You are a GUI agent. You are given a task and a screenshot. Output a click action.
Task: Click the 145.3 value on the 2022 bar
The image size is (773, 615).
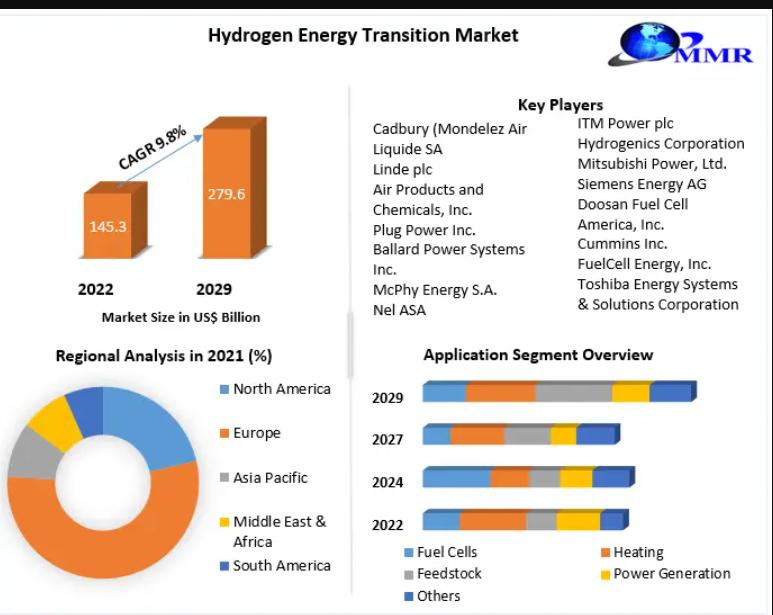pos(107,227)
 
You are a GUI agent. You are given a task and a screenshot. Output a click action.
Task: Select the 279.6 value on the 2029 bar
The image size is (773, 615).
pos(226,194)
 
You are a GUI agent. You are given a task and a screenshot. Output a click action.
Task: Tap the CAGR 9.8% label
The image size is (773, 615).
pos(152,147)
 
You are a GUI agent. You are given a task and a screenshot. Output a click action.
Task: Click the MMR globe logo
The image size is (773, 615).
pos(681,44)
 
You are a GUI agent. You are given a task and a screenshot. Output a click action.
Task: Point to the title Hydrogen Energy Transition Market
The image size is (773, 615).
pos(363,35)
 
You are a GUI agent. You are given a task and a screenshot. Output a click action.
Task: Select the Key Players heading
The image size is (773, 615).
pos(561,104)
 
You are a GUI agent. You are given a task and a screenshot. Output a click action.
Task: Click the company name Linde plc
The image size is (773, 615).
pos(402,170)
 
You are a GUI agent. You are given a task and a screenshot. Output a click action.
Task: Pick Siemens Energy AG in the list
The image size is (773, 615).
pos(642,184)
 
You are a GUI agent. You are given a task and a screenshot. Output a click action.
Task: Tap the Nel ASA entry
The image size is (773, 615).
pos(399,310)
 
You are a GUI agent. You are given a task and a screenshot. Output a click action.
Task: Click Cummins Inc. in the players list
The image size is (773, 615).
pos(622,244)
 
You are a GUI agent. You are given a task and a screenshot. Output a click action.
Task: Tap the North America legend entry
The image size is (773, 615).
pos(275,389)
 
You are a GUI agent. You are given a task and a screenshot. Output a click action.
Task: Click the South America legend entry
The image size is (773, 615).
pos(275,566)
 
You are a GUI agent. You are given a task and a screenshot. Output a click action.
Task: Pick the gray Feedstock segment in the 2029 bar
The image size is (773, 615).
pos(574,392)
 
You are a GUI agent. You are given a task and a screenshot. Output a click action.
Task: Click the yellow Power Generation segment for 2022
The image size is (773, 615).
pos(578,520)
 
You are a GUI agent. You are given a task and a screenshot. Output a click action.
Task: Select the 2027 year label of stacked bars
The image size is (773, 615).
pos(387,439)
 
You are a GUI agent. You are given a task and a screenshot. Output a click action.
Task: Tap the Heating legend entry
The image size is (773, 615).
pos(632,552)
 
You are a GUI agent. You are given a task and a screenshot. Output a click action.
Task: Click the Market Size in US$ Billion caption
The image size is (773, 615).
pos(181,317)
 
